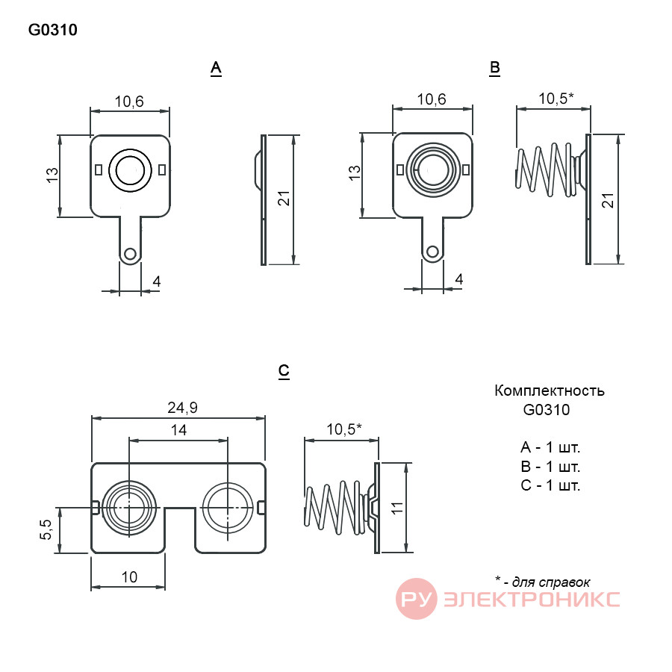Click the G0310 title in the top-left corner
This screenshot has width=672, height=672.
53,30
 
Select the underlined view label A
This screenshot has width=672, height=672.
216,68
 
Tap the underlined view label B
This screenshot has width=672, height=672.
494,68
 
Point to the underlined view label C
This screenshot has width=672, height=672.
284,371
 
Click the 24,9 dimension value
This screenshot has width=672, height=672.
183,408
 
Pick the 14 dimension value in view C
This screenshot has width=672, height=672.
178,430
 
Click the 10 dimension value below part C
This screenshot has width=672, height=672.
129,577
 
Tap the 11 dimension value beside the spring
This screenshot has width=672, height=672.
397,508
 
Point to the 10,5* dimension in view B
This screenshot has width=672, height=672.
556,99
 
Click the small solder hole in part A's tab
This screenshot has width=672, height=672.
129,253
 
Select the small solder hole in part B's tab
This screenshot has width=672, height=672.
432,252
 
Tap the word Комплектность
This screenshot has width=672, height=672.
550,391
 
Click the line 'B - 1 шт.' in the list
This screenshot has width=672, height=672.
550,466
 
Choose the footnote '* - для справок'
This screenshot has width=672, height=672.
543,582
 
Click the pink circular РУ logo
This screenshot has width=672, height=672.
416,598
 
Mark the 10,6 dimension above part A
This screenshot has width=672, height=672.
129,102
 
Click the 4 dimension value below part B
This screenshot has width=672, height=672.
459,279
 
